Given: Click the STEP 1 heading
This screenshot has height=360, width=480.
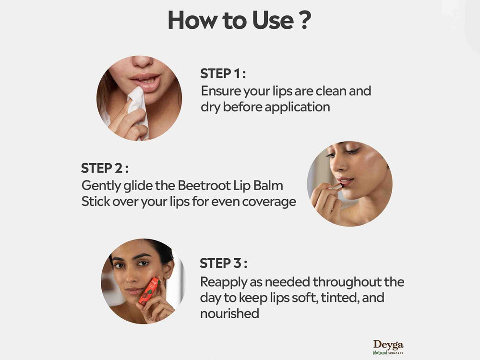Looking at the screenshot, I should point(223,74).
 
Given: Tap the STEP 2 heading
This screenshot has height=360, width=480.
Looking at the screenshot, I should point(105,168).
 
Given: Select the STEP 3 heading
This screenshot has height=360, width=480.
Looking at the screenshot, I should point(223,264).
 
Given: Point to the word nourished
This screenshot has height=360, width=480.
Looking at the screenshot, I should point(229,313).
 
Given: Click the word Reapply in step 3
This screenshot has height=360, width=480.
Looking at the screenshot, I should point(224,281).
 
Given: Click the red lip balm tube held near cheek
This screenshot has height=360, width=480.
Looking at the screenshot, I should point(148,290).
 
